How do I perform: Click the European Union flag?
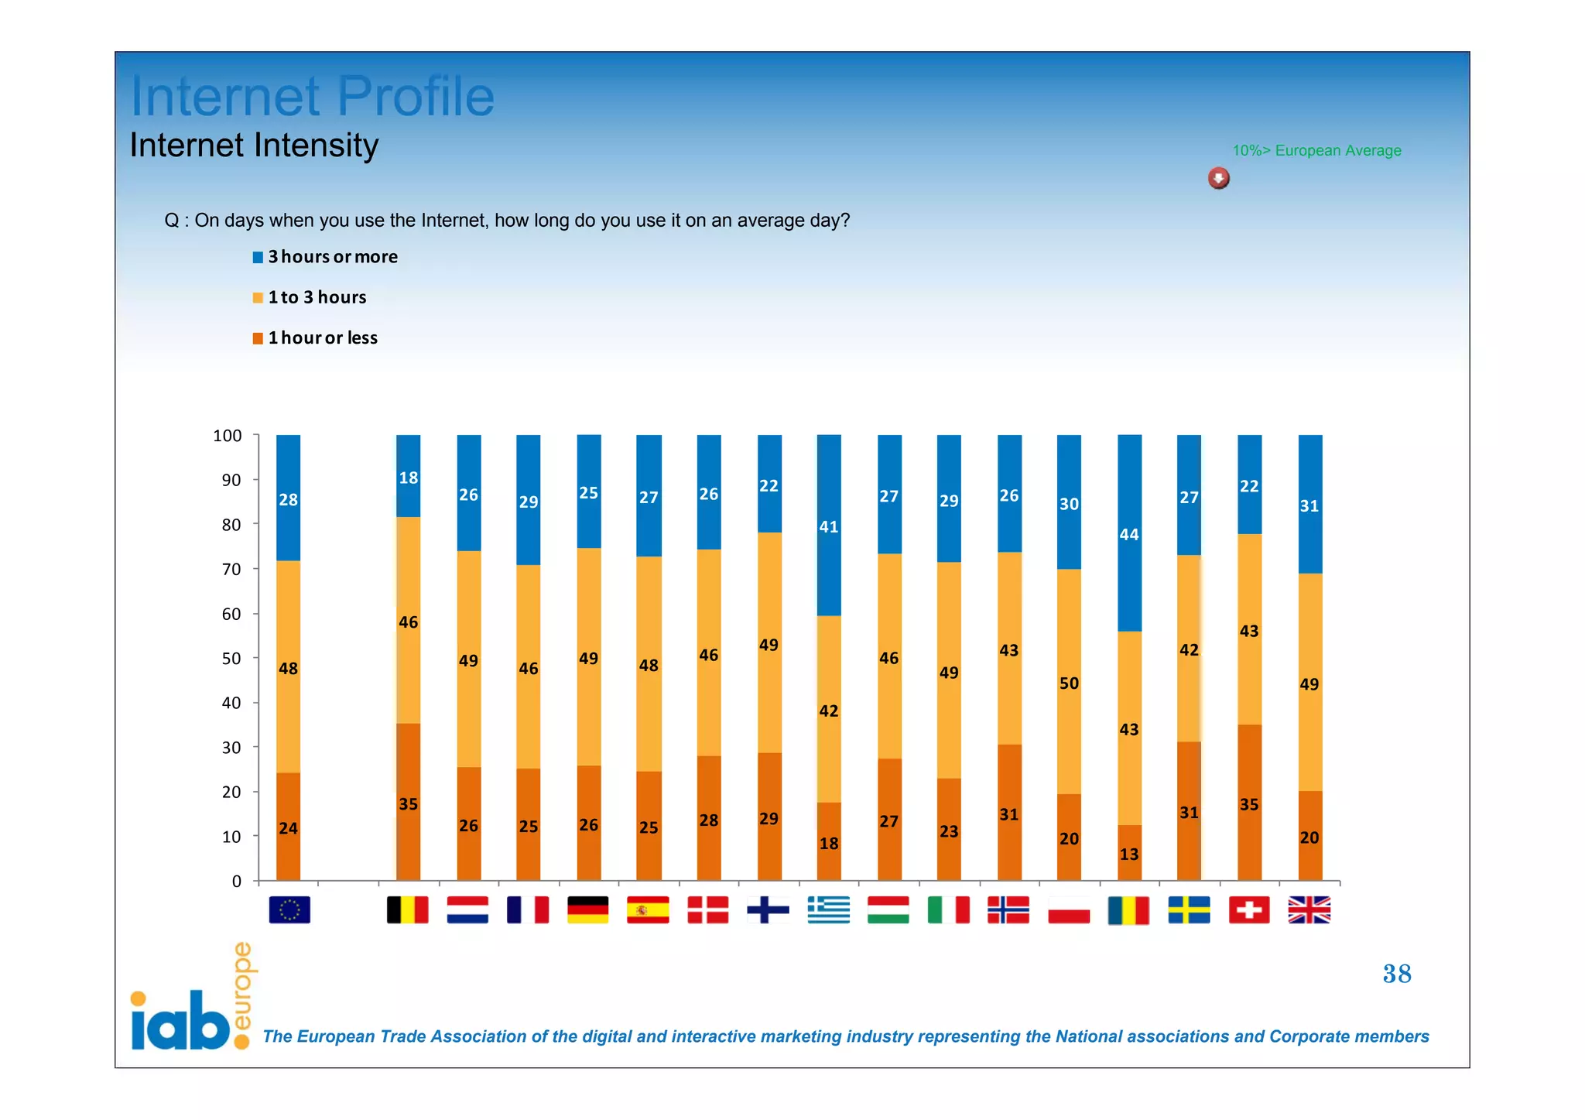click(x=289, y=909)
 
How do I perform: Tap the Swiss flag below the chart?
click(x=1248, y=909)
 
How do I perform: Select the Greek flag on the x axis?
click(x=828, y=909)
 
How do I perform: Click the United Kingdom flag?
click(x=1309, y=909)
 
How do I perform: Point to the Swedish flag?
click(x=1189, y=909)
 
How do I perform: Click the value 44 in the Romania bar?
click(x=1129, y=535)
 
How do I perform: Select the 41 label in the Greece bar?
click(x=829, y=527)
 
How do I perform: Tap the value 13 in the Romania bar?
click(x=1129, y=855)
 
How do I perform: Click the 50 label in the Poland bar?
click(x=1069, y=683)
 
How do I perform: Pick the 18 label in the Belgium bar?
click(x=409, y=478)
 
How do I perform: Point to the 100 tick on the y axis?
click(x=228, y=436)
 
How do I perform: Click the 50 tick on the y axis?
click(x=231, y=659)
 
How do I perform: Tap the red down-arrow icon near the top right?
click(x=1218, y=179)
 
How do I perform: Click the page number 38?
click(x=1397, y=974)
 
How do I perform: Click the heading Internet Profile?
click(x=312, y=96)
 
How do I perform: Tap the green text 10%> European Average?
click(x=1316, y=151)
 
